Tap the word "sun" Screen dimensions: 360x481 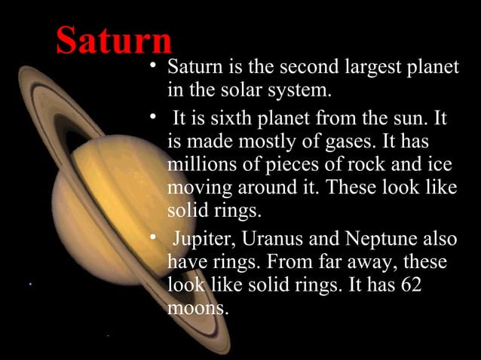pos(410,120)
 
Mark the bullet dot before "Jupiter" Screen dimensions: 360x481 pos(154,237)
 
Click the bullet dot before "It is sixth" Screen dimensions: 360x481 pos(154,117)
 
